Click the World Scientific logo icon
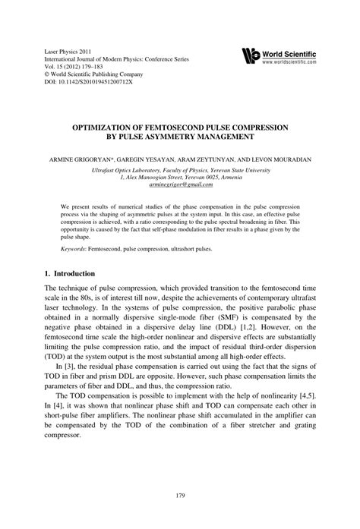(251, 55)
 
